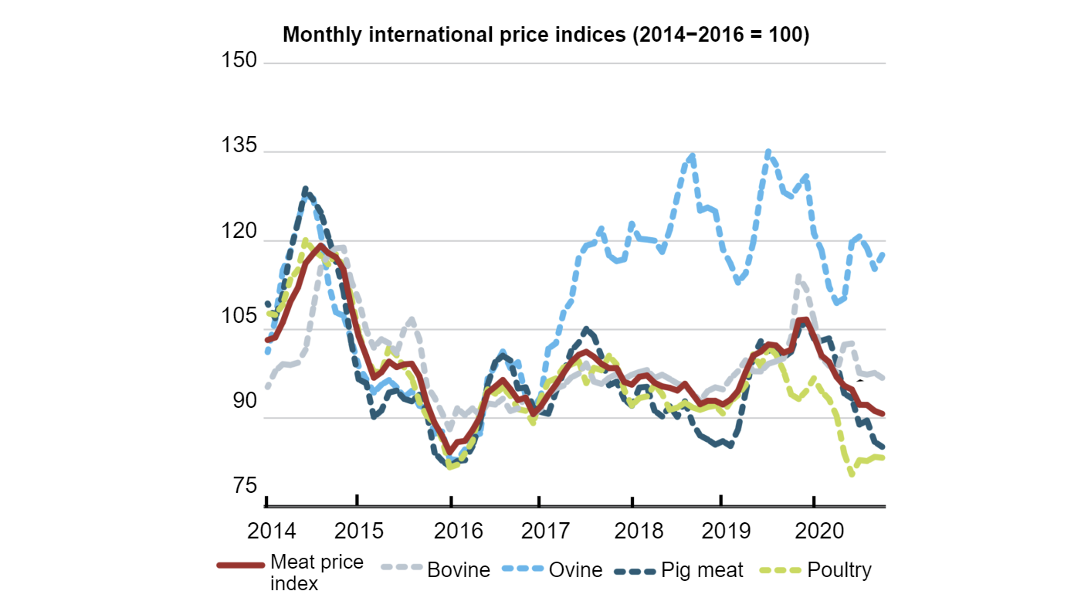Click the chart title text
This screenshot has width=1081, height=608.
[546, 36]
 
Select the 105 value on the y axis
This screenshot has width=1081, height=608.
[239, 317]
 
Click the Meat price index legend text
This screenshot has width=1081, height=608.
[317, 572]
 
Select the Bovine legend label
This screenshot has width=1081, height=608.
[459, 571]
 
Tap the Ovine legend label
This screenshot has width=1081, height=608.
[575, 571]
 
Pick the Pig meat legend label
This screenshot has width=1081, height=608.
[702, 571]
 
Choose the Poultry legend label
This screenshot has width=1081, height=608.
[839, 571]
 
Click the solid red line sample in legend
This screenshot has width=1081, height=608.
[241, 566]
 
